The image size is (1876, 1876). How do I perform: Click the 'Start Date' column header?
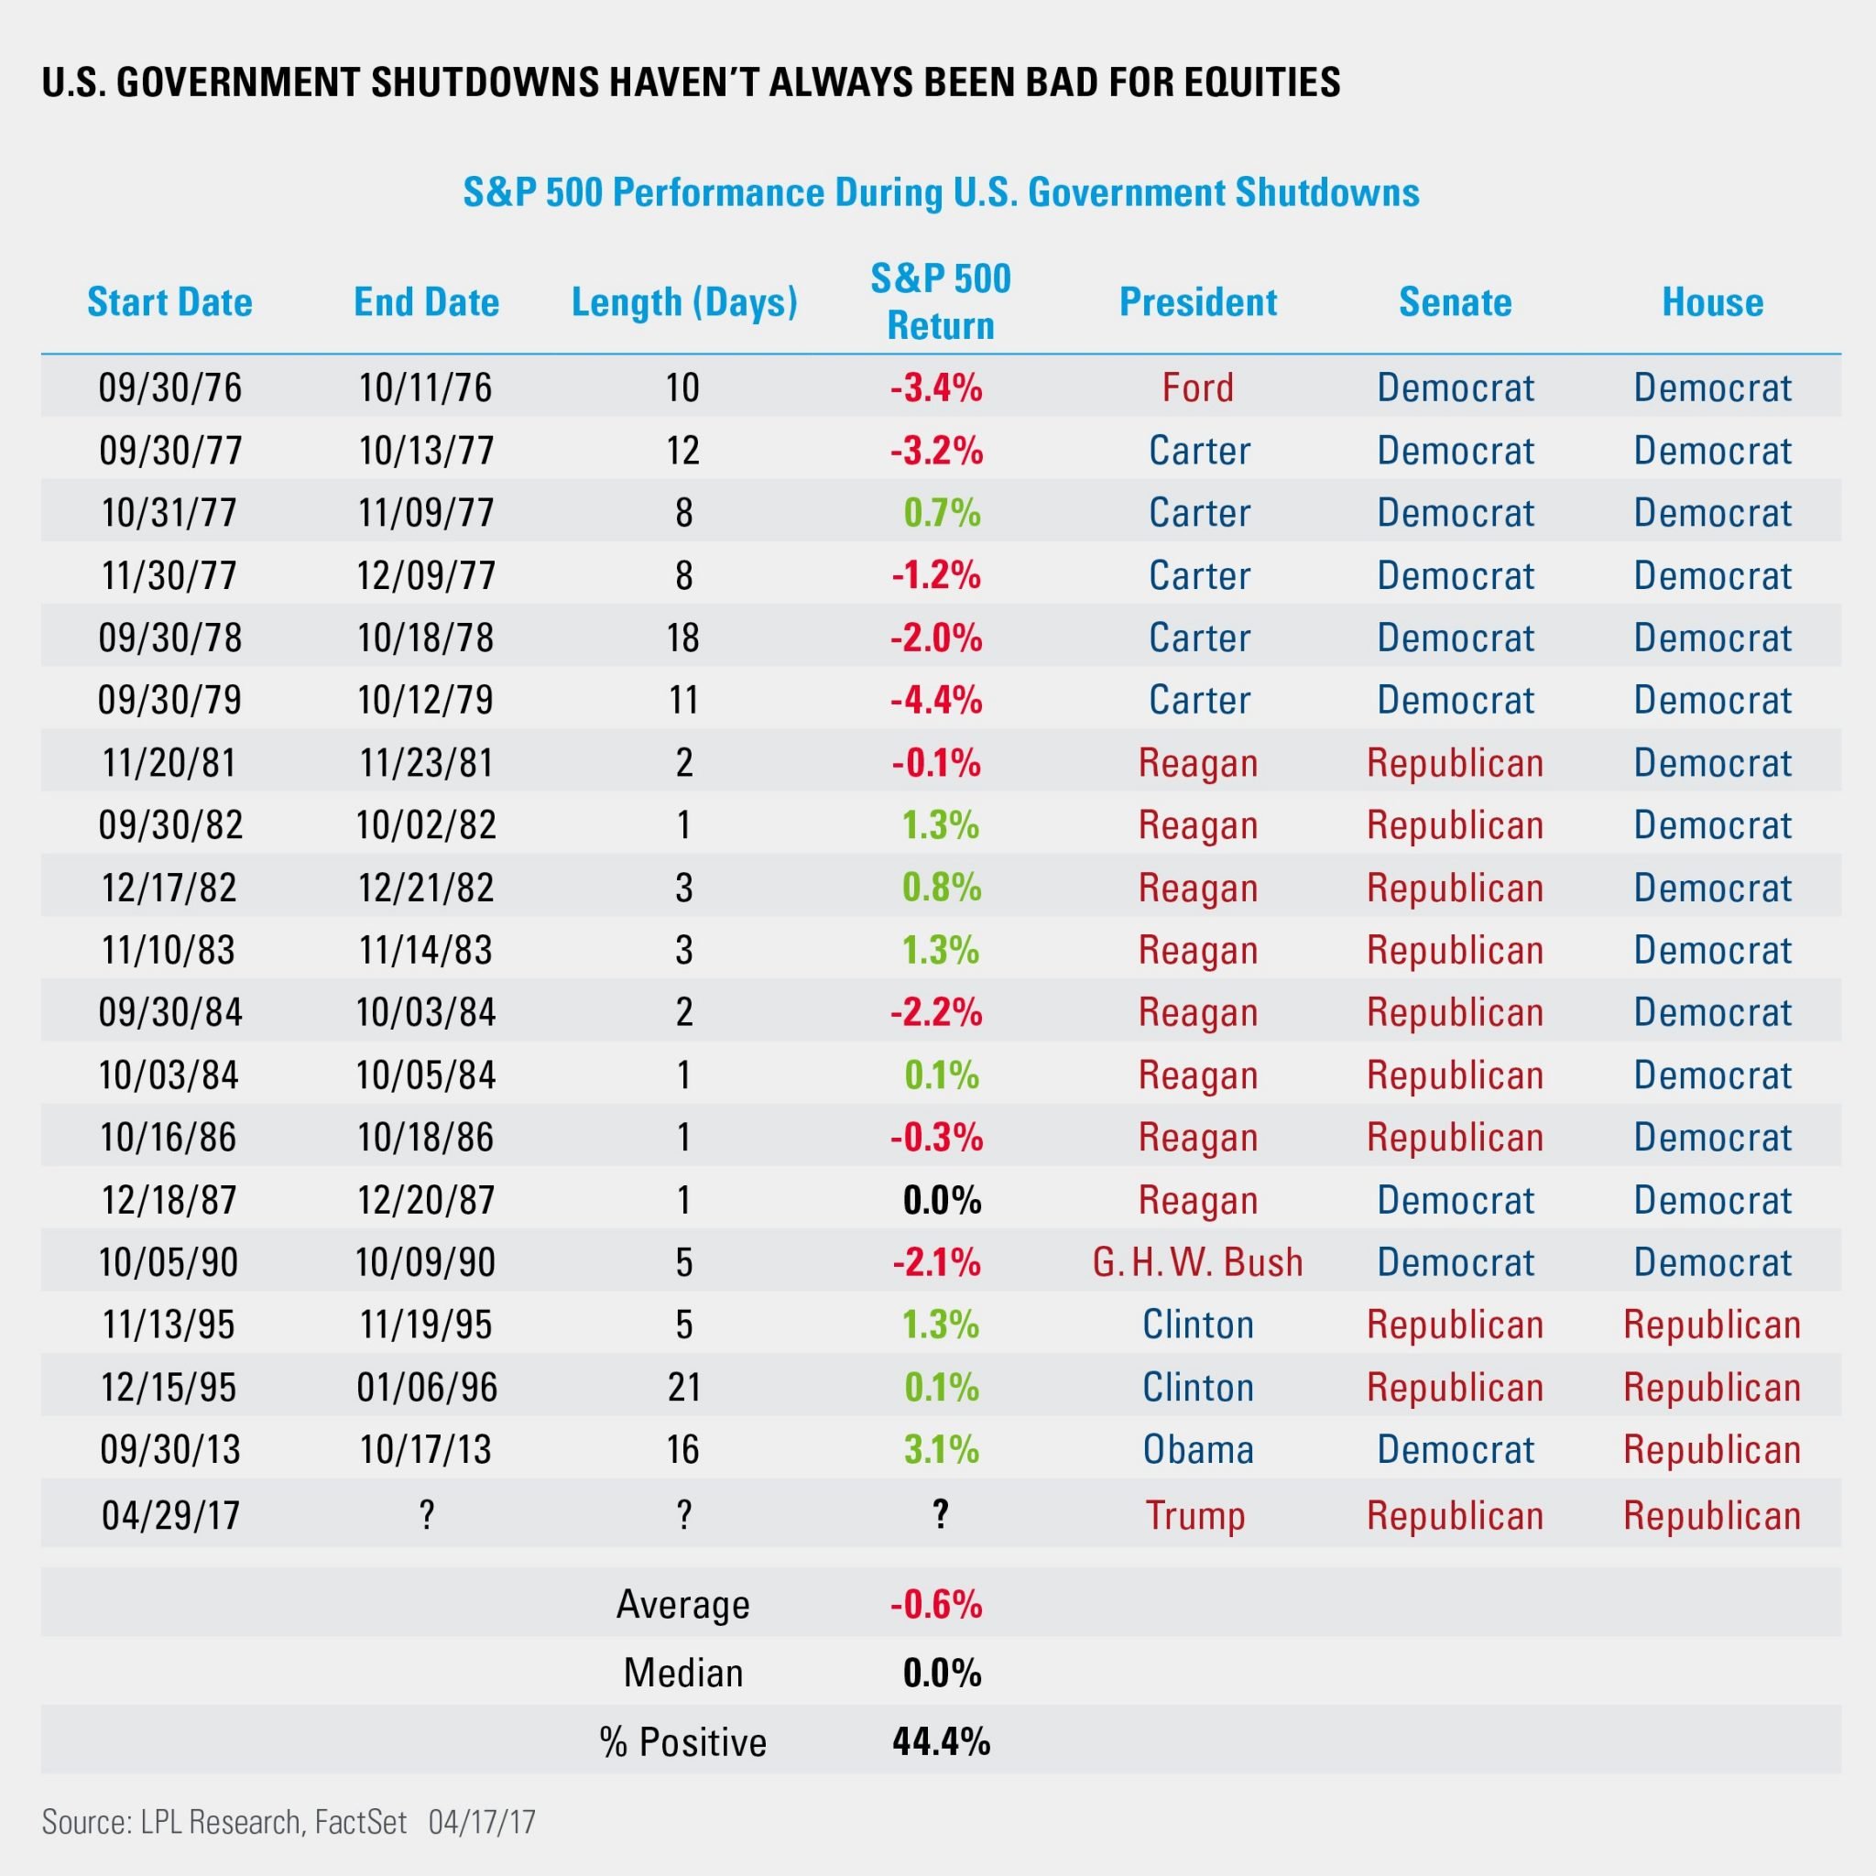(x=170, y=302)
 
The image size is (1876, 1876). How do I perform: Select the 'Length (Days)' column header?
(x=684, y=303)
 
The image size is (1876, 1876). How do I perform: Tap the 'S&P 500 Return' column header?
(x=941, y=302)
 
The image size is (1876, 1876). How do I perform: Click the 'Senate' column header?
(x=1456, y=302)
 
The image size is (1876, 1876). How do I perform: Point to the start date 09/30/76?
(x=170, y=387)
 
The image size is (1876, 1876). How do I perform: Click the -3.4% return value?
(x=937, y=387)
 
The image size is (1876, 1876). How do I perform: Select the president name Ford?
(x=1198, y=387)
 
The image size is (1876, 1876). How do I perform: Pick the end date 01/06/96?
(x=427, y=1387)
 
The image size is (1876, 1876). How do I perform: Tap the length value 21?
(x=684, y=1387)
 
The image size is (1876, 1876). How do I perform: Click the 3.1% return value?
(x=942, y=1449)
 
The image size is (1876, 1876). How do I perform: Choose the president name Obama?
(x=1198, y=1449)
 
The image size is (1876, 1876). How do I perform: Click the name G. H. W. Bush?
(x=1198, y=1262)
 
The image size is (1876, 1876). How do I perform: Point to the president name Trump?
(x=1195, y=1515)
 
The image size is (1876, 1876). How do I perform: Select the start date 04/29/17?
(x=171, y=1515)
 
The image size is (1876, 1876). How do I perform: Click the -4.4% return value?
(x=937, y=700)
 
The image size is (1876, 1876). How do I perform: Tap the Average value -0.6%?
(x=937, y=1604)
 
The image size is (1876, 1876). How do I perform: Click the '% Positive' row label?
(x=683, y=1742)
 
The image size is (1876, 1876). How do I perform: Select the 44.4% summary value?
(x=942, y=1742)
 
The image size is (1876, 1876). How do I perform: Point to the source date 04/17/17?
(x=482, y=1822)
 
